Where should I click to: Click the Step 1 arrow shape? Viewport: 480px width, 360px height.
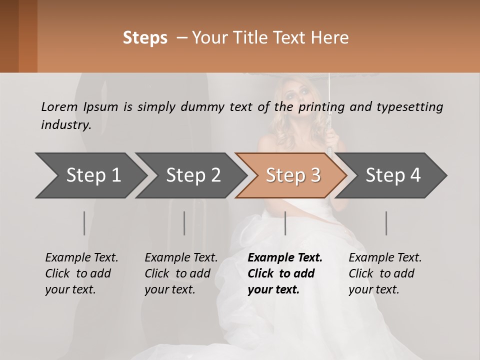pos(90,175)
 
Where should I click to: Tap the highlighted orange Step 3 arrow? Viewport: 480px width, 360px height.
pos(291,175)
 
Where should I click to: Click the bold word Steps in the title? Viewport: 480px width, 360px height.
pos(145,38)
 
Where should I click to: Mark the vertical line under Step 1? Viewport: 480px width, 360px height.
pos(84,223)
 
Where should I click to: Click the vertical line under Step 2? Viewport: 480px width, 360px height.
pos(184,223)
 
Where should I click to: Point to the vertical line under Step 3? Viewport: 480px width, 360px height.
pos(285,223)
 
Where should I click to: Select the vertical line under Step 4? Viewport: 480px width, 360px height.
pos(386,223)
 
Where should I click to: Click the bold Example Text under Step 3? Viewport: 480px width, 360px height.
pos(285,258)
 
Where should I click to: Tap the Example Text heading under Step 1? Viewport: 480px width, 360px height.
pos(81,258)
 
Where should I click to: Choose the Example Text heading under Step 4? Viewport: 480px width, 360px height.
pos(385,258)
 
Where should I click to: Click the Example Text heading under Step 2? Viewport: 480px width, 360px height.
pos(181,258)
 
